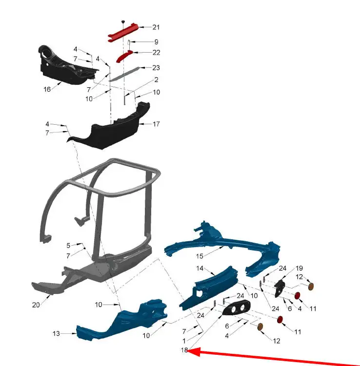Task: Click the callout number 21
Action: tap(156, 27)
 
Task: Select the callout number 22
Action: tap(156, 53)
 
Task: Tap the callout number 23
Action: tap(156, 68)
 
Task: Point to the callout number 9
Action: tap(156, 42)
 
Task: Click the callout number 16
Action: tap(47, 89)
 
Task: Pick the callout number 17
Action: tap(156, 124)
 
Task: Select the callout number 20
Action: tap(36, 305)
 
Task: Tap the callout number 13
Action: tap(56, 333)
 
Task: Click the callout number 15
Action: tap(200, 256)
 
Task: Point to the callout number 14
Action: tap(200, 268)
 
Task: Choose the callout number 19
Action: tap(299, 268)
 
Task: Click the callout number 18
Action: tap(184, 350)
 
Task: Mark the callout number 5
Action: tap(68, 246)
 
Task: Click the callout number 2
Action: tap(156, 80)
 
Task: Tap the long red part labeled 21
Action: tap(123, 33)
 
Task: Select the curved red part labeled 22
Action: tap(124, 56)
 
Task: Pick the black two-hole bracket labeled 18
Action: tap(237, 308)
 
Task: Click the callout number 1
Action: tap(184, 341)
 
